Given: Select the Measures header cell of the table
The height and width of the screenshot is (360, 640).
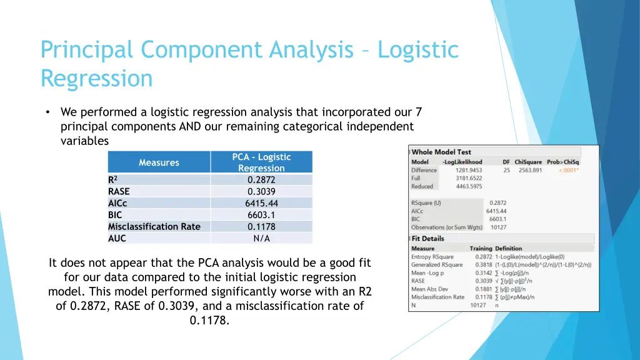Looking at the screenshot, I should tap(159, 162).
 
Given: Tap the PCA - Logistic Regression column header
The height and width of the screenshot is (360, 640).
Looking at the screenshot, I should tap(261, 162).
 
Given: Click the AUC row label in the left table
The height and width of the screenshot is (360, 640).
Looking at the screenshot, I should tap(117, 238).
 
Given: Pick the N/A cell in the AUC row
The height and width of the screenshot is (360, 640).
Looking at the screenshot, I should tap(261, 238).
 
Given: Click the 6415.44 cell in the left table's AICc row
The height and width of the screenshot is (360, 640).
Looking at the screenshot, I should tap(261, 203).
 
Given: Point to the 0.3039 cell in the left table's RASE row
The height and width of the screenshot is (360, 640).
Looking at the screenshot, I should tap(261, 191).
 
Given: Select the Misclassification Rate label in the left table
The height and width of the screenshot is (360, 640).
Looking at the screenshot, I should tap(154, 226).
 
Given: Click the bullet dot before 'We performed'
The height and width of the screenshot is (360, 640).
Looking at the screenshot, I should tap(47, 112).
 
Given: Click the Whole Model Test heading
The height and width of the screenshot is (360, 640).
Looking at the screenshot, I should tap(441, 152).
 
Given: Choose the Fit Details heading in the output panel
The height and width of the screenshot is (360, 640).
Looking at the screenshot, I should tap(427, 239).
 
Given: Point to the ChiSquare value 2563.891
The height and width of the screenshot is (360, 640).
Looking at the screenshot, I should tap(530, 170).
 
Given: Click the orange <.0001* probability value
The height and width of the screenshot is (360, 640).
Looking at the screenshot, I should tap(567, 170).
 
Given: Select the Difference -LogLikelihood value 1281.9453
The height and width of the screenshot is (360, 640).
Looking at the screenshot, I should tap(469, 170).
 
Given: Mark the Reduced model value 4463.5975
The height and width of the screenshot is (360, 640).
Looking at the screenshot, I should tap(469, 186).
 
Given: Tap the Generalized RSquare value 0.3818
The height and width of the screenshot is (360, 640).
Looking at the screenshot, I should tap(483, 265).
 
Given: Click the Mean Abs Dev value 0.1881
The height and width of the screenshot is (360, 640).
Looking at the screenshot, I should tap(483, 289).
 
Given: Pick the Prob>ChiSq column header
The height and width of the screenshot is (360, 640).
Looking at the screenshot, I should tap(563, 162).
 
